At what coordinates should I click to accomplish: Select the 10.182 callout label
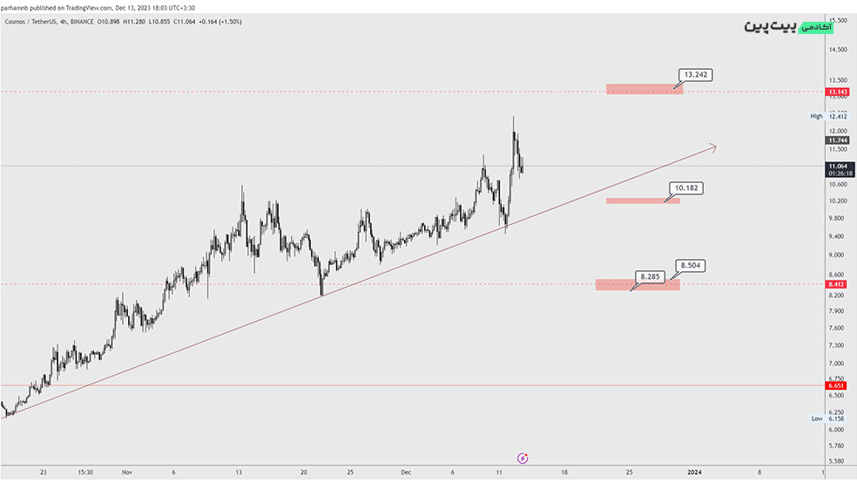point(685,187)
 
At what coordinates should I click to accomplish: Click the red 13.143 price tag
point(838,92)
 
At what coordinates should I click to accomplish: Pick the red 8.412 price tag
point(838,284)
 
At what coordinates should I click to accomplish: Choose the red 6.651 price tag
point(838,385)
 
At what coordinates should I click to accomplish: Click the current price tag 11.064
point(838,166)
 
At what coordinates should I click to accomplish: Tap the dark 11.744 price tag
point(838,140)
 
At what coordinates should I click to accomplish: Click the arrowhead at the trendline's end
point(713,147)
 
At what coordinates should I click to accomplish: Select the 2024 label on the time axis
point(694,472)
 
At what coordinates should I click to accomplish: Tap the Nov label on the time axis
point(126,472)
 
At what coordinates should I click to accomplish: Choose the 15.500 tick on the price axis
point(838,20)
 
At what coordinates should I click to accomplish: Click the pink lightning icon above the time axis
point(523,457)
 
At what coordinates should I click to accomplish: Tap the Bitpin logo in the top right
point(788,26)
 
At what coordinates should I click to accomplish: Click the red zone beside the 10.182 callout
point(642,201)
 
